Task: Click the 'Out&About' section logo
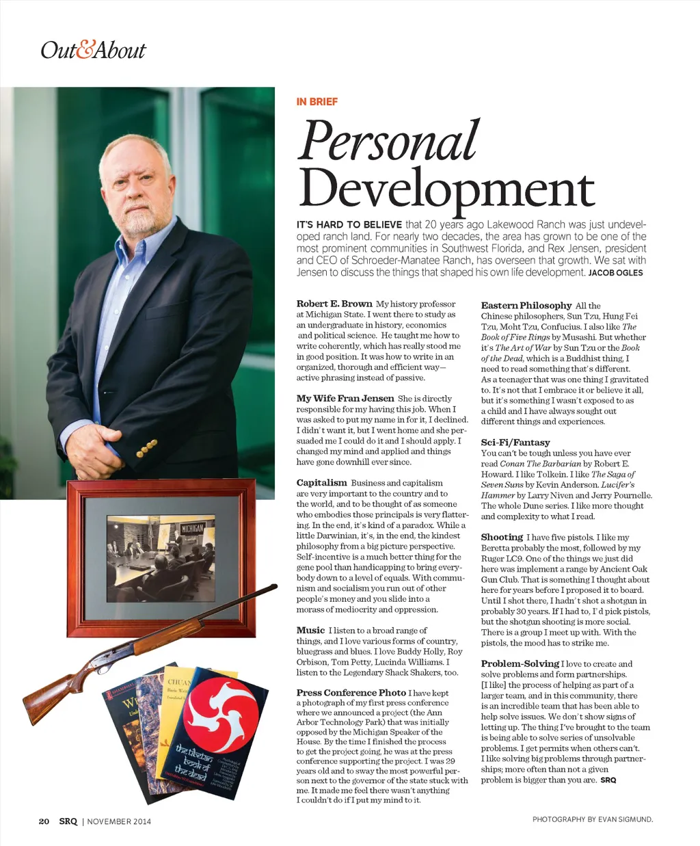point(93,50)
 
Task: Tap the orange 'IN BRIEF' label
point(317,101)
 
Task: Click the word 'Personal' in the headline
point(390,141)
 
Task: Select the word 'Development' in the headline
point(446,189)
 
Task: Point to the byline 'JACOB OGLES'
point(615,273)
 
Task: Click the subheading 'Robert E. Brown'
point(334,304)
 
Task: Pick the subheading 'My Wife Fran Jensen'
point(345,398)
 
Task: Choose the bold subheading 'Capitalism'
point(321,483)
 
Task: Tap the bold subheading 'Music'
point(310,630)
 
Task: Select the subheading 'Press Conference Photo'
point(351,692)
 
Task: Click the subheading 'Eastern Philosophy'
point(526,306)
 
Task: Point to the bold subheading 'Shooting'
point(501,537)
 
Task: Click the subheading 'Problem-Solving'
point(520,663)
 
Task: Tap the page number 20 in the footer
point(44,821)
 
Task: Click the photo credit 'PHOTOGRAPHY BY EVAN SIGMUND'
point(592,819)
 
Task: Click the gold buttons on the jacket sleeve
point(148,447)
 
